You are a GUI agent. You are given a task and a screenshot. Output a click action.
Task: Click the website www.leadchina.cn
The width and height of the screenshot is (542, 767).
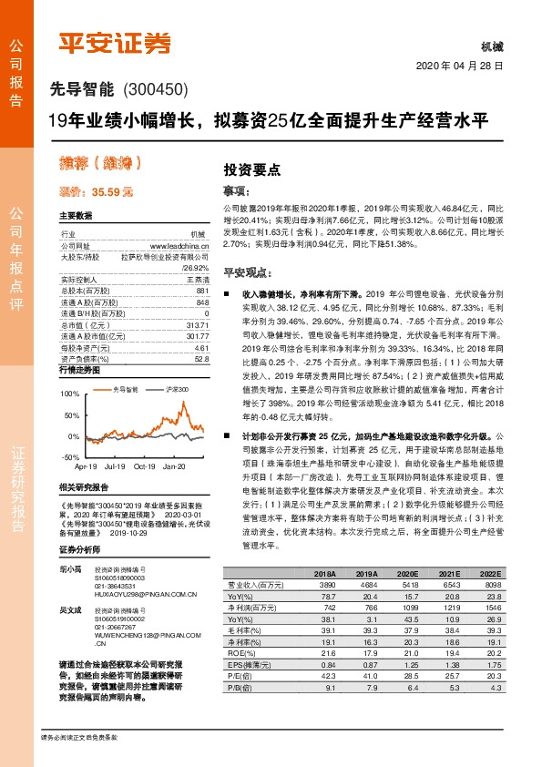point(179,247)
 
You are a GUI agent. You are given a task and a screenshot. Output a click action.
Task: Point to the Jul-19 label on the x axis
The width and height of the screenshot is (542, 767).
point(115,465)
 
